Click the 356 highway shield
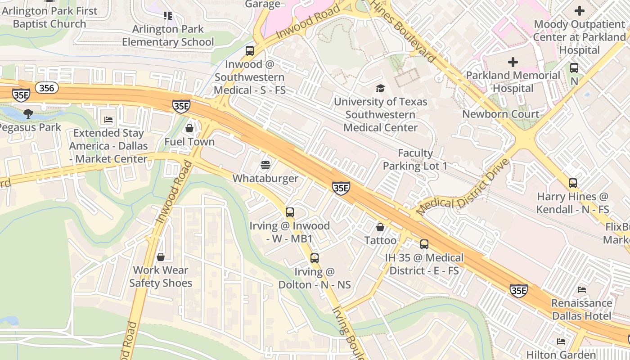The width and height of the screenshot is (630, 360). (47, 88)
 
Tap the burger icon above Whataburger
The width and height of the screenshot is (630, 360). (265, 165)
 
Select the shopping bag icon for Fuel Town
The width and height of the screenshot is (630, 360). (189, 128)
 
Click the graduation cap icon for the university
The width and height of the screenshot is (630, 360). (381, 88)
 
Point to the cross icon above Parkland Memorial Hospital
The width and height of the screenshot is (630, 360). (513, 62)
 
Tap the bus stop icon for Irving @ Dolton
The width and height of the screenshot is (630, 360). (315, 258)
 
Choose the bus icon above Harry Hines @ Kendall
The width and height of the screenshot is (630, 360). (572, 183)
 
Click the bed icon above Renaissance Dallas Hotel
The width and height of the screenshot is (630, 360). (582, 290)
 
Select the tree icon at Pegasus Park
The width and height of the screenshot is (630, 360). (28, 113)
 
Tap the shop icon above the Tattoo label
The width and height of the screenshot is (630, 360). (380, 227)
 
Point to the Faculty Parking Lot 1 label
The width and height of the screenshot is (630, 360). (415, 160)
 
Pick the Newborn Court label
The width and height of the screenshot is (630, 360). (500, 114)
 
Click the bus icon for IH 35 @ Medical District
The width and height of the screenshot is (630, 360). (424, 244)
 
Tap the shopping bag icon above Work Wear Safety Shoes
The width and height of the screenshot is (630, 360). (161, 257)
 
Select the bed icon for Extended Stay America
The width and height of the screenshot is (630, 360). (108, 120)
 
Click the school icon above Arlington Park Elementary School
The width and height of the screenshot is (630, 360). (168, 16)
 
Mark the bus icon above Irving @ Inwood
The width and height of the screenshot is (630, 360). (290, 212)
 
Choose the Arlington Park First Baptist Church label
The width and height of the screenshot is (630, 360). (49, 17)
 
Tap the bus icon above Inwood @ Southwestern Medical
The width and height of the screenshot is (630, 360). (250, 50)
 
